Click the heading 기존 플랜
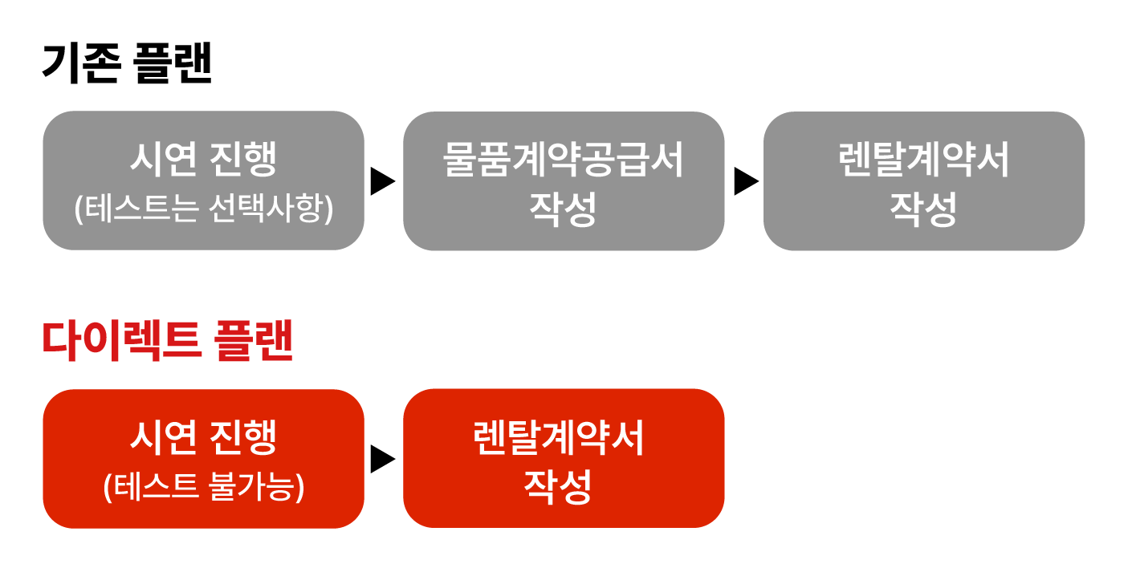[x=127, y=63]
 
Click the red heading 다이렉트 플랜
[x=168, y=341]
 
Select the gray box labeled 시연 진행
[x=203, y=181]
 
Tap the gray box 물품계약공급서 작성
[x=564, y=181]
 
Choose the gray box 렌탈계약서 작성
[x=924, y=181]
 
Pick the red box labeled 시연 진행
[x=203, y=459]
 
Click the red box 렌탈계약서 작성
[x=564, y=458]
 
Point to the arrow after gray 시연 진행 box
[x=383, y=181]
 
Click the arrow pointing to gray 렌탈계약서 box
[x=747, y=181]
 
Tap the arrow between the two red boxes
[x=383, y=459]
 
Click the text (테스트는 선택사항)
[x=203, y=209]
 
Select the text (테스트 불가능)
[x=203, y=486]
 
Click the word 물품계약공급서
[x=563, y=159]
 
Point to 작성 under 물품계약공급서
[x=563, y=209]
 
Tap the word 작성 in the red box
[x=558, y=486]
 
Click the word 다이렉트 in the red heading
[x=122, y=341]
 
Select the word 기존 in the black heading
[x=82, y=63]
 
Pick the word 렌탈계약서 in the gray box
[x=924, y=159]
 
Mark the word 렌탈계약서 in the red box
[x=559, y=437]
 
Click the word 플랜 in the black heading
[x=173, y=63]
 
